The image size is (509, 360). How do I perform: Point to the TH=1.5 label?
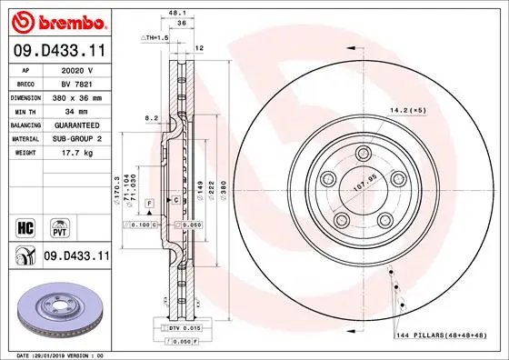155,37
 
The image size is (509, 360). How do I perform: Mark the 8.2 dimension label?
153,117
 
